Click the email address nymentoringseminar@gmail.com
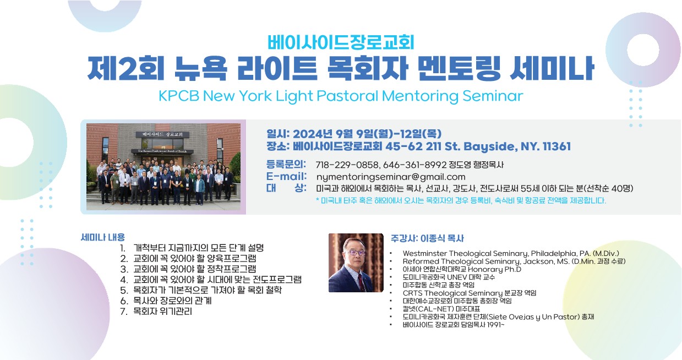(391, 177)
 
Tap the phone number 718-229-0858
(347, 165)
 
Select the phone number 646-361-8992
(414, 165)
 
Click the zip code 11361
(556, 146)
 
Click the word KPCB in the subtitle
(179, 96)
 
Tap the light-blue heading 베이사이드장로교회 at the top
(341, 42)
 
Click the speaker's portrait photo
(356, 263)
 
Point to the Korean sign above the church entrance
(162, 134)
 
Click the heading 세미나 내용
(102, 237)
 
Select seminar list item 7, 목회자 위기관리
(156, 312)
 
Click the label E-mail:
(286, 176)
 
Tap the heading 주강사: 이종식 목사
(427, 238)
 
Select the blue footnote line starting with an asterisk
(461, 200)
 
